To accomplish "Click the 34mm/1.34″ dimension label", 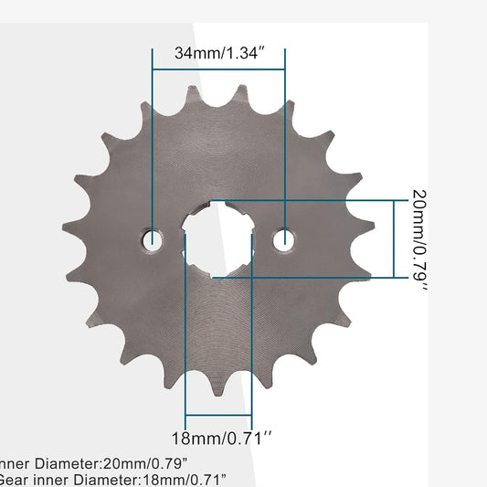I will (x=218, y=53).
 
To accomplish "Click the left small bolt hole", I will (x=153, y=240).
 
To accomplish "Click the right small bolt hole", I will (x=285, y=240).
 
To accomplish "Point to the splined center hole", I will (x=218, y=239).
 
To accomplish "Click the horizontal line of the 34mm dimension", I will (x=218, y=67).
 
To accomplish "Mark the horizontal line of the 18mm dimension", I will (x=218, y=415).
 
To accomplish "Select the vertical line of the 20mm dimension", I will (x=394, y=238).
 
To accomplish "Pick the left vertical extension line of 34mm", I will (x=153, y=137).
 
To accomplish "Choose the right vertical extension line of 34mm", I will (x=285, y=137).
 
